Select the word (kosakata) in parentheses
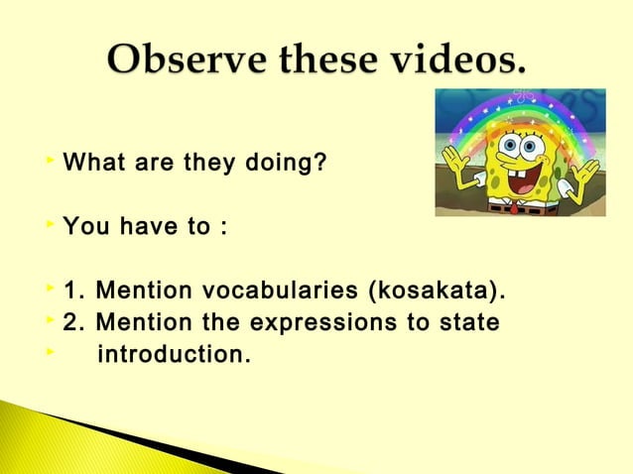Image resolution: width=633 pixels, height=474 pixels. [437, 294]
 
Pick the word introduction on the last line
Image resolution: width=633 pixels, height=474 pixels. [173, 353]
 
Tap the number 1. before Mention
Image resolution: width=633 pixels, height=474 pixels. [72, 294]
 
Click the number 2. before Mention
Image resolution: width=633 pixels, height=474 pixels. [72, 323]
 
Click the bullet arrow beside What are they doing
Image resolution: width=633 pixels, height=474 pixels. [50, 159]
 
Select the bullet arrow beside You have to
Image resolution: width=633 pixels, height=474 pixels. [50, 225]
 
